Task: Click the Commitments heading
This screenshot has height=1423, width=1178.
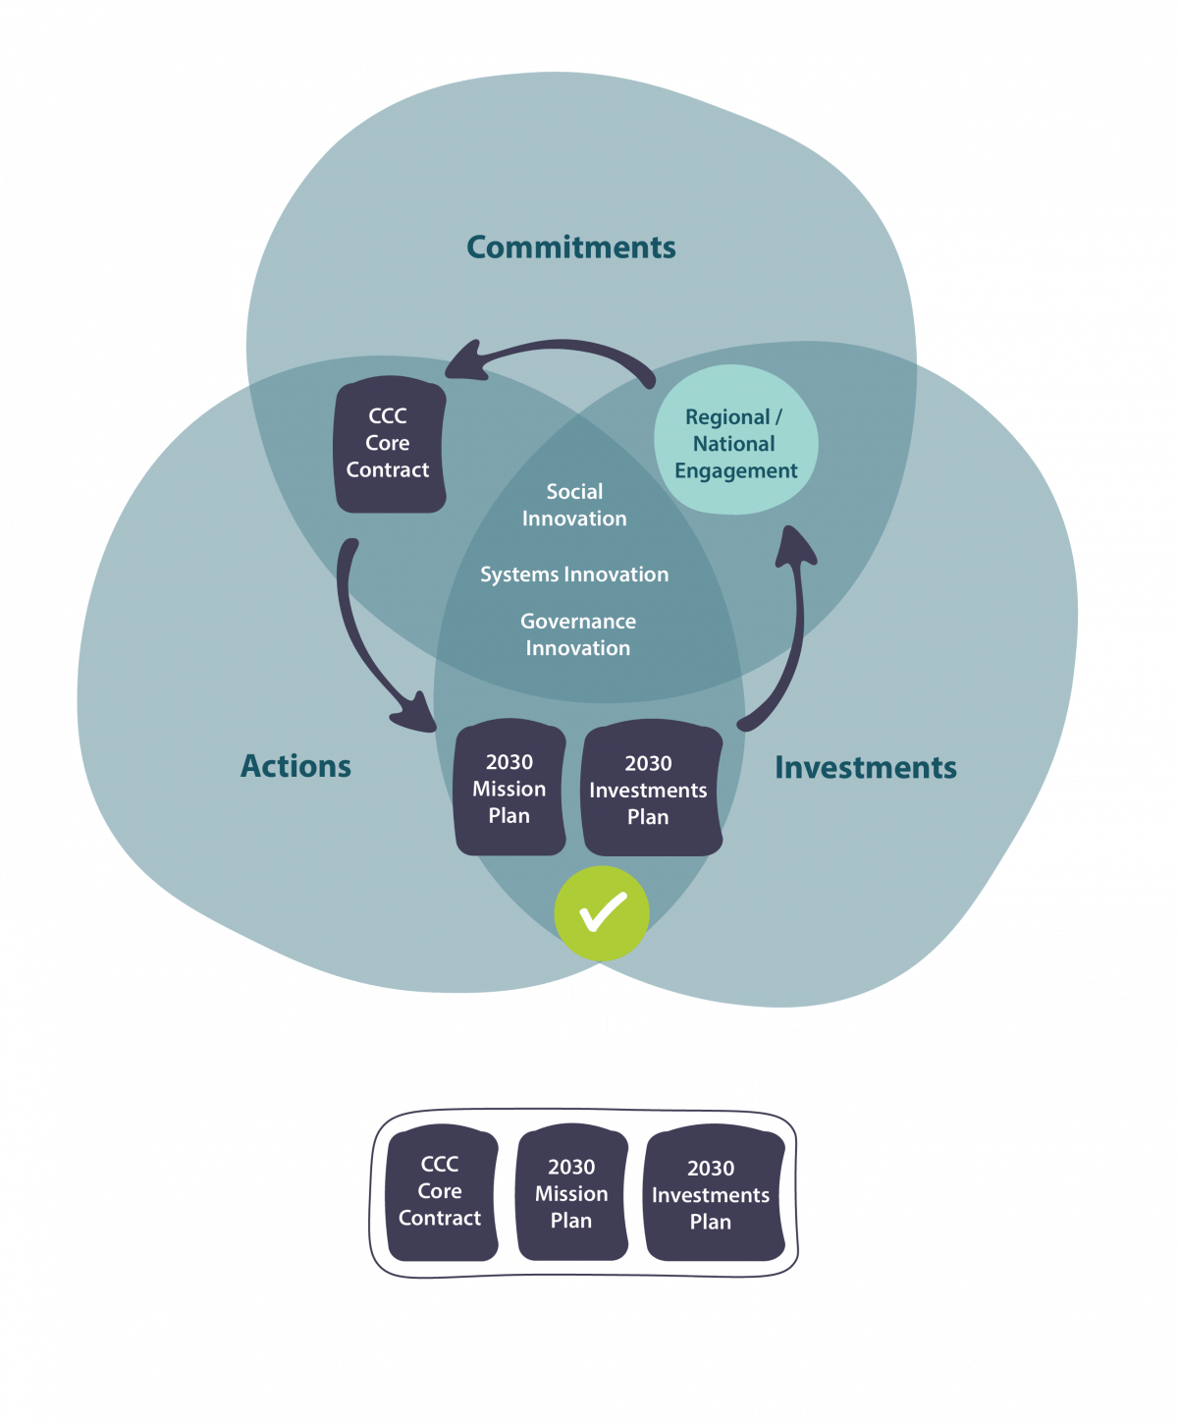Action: click(x=570, y=246)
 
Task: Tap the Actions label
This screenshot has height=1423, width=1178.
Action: click(x=295, y=766)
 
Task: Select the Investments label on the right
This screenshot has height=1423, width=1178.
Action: click(x=865, y=767)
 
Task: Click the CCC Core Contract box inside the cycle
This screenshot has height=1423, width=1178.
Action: click(x=390, y=444)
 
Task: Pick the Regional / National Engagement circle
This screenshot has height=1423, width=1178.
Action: click(x=735, y=438)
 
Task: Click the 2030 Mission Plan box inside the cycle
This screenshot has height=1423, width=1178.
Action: click(x=509, y=789)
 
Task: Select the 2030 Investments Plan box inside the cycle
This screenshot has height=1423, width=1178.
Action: click(x=651, y=790)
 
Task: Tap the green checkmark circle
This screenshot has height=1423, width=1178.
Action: click(x=602, y=913)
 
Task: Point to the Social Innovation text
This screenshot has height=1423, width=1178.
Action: click(x=574, y=505)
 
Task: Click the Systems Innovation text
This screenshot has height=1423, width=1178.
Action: click(x=574, y=575)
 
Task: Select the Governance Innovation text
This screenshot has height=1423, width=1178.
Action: click(x=578, y=634)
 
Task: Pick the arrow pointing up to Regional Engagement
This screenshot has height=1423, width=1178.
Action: click(x=790, y=629)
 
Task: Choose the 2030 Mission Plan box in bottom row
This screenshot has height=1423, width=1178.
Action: click(x=571, y=1193)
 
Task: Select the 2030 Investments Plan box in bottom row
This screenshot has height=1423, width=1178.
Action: click(x=712, y=1194)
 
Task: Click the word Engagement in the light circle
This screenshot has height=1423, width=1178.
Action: click(x=736, y=470)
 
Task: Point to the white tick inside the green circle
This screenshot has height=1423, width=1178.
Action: click(x=602, y=911)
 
